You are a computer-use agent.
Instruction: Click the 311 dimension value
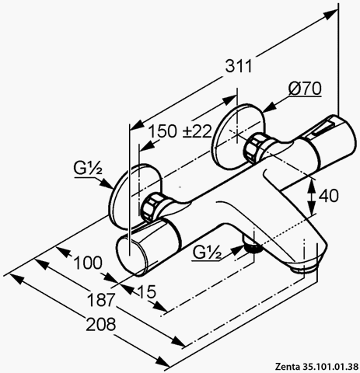[239, 66]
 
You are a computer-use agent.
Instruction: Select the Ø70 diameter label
[305, 89]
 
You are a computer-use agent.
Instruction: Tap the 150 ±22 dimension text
[180, 131]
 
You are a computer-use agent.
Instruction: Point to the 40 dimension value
[328, 196]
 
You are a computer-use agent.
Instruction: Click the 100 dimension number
[88, 263]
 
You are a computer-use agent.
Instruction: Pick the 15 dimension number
[147, 291]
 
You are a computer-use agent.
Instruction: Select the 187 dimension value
[101, 300]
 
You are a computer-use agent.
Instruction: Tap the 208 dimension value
[101, 324]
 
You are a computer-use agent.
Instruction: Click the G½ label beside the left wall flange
[88, 168]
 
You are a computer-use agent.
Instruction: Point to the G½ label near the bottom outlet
[207, 253]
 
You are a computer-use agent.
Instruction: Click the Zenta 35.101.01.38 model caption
[317, 367]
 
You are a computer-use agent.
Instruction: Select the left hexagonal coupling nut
[151, 207]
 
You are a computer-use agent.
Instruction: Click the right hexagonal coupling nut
[256, 148]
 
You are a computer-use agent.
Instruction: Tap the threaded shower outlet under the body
[252, 246]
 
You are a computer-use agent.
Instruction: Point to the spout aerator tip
[304, 267]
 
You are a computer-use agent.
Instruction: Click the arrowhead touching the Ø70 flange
[269, 107]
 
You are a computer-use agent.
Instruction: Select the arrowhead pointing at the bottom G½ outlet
[238, 249]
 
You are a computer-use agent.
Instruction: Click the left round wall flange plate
[135, 197]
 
